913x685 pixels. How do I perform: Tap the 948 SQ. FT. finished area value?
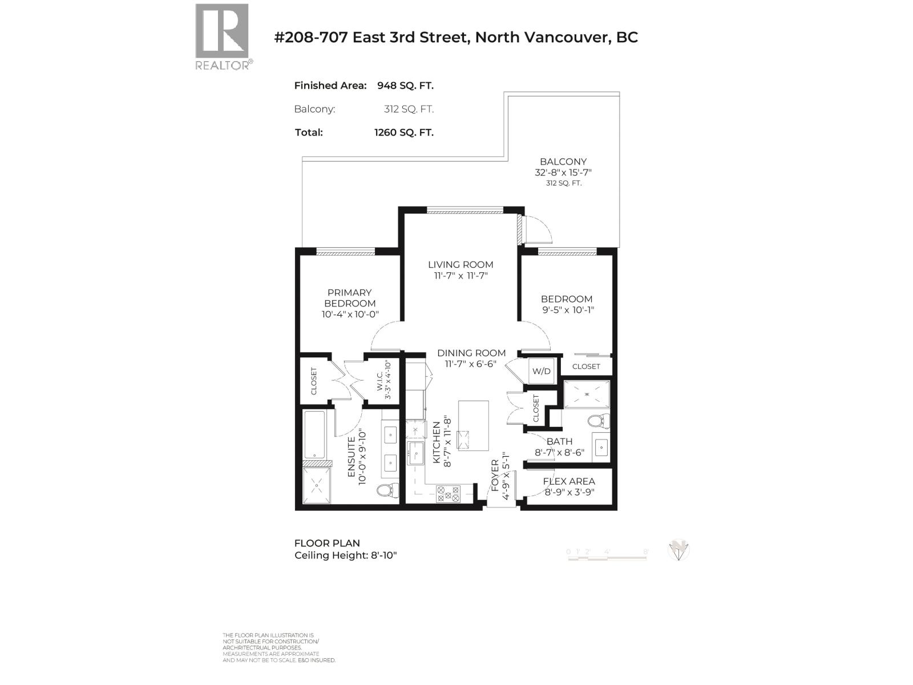[405, 86]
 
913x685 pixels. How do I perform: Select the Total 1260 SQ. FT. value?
[403, 132]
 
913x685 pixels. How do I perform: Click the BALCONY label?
[563, 162]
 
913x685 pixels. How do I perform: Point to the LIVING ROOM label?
[460, 264]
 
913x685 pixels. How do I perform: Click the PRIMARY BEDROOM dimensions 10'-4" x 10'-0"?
[350, 315]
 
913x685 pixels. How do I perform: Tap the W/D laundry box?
[542, 371]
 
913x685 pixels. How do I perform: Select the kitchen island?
[473, 426]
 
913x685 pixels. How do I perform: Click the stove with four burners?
[448, 493]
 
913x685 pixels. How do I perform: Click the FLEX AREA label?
[569, 481]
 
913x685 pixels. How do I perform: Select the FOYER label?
[495, 475]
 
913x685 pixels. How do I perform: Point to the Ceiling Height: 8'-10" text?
[345, 555]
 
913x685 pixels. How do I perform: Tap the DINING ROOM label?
[471, 353]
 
